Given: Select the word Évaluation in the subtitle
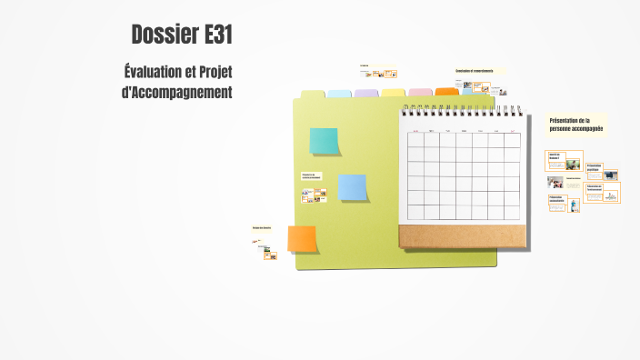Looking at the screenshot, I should (155, 72).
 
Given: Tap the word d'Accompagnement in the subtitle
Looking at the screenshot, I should (177, 93).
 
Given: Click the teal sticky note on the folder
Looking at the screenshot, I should (324, 141).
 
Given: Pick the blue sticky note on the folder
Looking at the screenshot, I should (352, 187).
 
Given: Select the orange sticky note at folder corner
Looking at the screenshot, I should (302, 238).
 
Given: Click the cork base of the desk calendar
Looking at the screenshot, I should (462, 236).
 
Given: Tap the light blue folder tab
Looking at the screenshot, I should (338, 94).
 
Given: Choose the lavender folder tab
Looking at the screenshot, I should (365, 94).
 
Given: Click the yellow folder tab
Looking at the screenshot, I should (393, 93).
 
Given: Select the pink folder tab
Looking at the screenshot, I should (420, 93).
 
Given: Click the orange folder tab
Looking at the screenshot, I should (446, 92).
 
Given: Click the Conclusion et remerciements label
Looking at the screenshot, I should (475, 71).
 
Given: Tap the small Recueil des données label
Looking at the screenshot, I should (262, 228).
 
